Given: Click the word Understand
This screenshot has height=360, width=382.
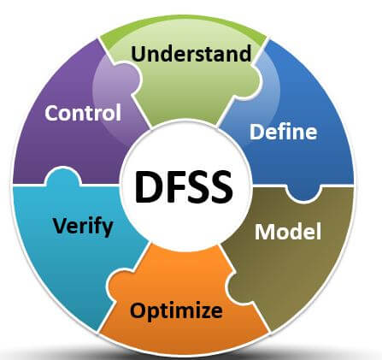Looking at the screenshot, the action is point(191,53).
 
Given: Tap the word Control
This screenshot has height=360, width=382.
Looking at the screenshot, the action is point(83,113).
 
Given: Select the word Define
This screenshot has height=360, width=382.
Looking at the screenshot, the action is point(283,132).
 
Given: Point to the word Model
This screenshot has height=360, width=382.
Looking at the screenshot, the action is point(288,232).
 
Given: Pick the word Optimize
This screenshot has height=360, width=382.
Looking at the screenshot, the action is point(176,310).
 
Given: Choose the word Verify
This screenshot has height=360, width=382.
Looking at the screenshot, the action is point(83,227).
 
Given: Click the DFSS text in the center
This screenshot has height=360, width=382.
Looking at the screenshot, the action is point(184,186).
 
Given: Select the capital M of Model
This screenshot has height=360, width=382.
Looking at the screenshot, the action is point(266,232).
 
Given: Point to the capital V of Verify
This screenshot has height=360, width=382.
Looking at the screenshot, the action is point(62,226).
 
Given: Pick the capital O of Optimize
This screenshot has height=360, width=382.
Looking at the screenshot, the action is point(138,310).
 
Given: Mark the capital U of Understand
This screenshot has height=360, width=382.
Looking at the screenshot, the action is point(138,54).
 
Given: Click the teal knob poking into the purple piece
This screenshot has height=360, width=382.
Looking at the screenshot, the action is point(63,176).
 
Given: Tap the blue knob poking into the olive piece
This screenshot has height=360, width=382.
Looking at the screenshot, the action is point(303,193).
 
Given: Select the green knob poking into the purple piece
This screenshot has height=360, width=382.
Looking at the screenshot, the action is point(131,76).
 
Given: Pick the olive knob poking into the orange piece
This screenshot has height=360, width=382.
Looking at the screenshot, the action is point(235,288).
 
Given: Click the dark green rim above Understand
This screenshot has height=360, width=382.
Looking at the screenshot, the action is point(184,22).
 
